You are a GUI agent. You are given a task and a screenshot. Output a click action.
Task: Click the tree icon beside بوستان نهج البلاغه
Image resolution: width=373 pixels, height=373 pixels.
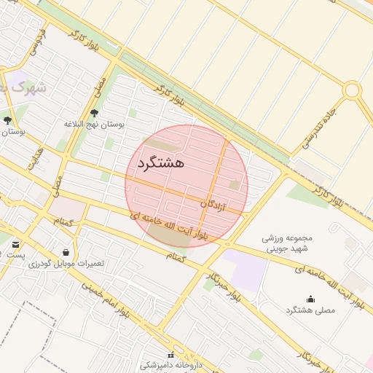[94, 113]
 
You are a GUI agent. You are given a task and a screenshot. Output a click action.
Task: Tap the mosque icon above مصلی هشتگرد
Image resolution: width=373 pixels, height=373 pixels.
[310, 299]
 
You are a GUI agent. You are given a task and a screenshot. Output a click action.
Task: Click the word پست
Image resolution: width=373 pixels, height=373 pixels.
[15, 255]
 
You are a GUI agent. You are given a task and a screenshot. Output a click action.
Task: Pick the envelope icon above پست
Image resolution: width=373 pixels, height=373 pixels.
[16, 244]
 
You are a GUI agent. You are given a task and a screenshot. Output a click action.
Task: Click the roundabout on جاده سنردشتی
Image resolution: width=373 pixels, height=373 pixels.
[353, 90]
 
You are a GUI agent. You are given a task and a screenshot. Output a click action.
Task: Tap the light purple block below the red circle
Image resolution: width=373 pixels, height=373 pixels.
[244, 270]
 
